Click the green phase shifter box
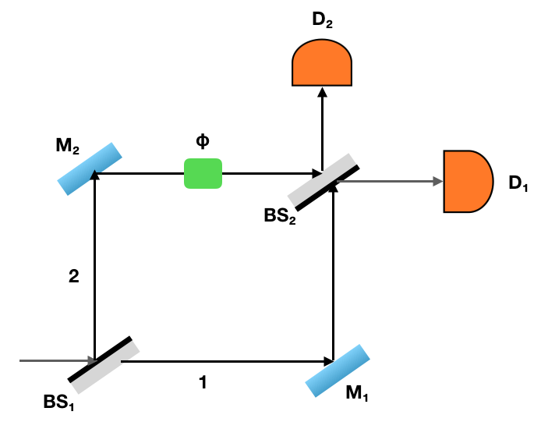[x=203, y=173]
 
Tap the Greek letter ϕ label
[x=202, y=142]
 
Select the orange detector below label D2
[x=322, y=63]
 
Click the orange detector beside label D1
[x=467, y=182]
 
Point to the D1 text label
[x=518, y=183]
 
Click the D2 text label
[x=322, y=20]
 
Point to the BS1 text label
[x=61, y=404]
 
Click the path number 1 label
[x=203, y=383]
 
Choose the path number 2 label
[x=74, y=275]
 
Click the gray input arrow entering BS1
[x=55, y=361]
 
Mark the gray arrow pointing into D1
[x=390, y=182]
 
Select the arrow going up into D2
[x=321, y=125]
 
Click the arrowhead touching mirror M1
[x=327, y=361]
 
